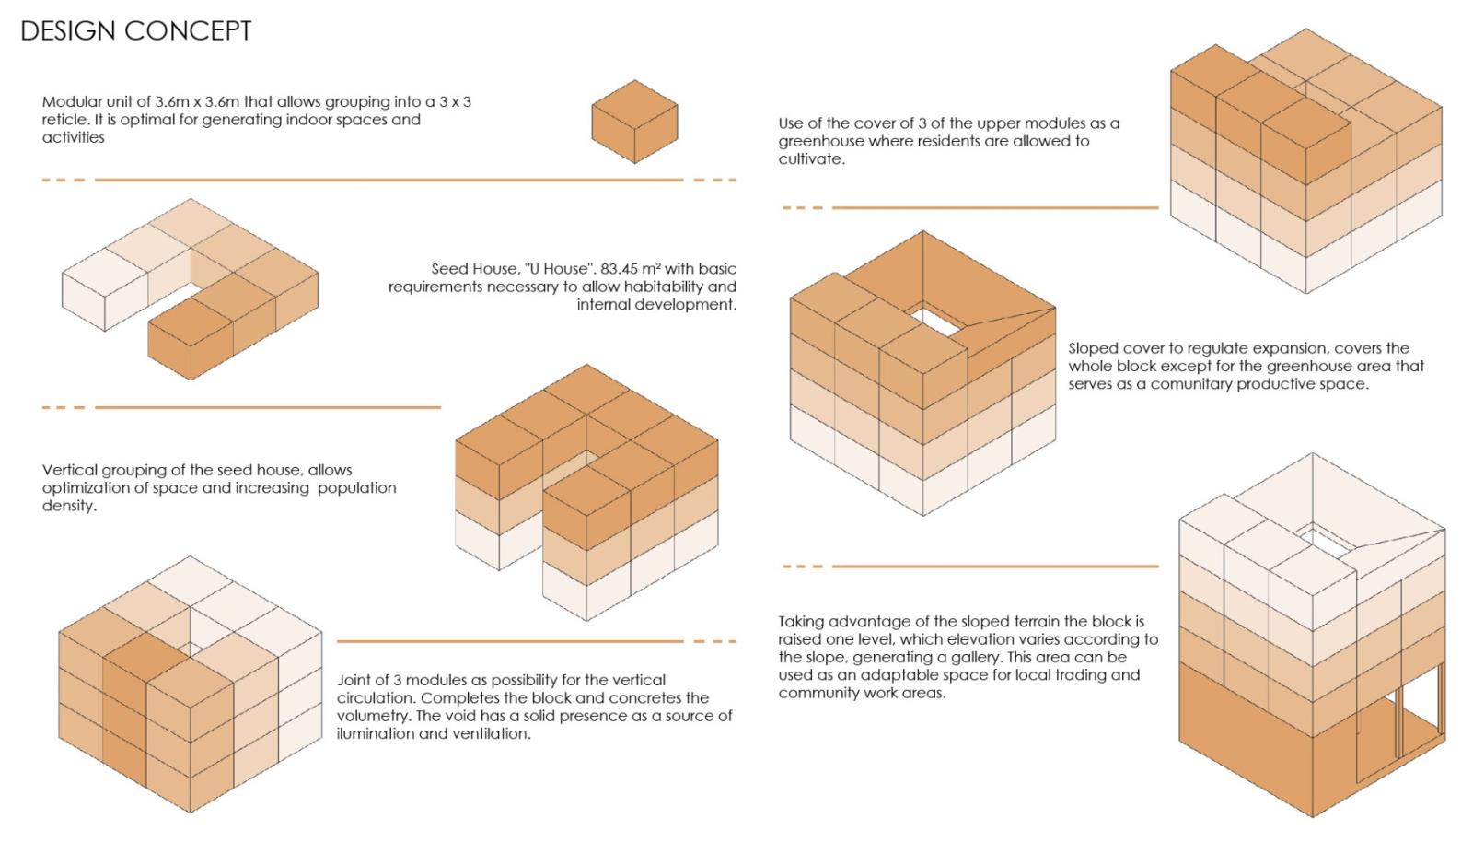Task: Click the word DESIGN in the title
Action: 68,31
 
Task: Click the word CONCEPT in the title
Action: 188,31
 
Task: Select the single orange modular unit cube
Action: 634,122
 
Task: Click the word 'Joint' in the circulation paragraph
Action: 355,680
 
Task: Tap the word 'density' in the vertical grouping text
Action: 69,506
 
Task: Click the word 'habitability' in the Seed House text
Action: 668,287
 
